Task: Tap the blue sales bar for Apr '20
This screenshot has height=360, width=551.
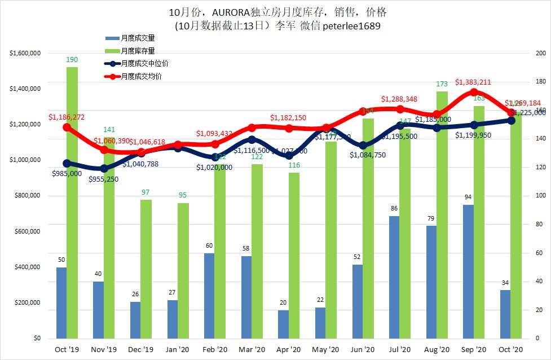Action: pyautogui.click(x=283, y=324)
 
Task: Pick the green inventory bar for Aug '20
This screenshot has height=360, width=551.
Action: pyautogui.click(x=442, y=214)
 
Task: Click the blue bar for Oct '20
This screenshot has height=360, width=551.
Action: pyautogui.click(x=505, y=314)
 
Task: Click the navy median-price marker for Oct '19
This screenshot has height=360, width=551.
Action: pyautogui.click(x=67, y=163)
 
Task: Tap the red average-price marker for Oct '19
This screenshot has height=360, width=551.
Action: pyautogui.click(x=67, y=127)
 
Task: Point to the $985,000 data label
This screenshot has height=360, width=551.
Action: pyautogui.click(x=65, y=174)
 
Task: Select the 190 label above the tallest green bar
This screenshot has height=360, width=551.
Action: pyautogui.click(x=72, y=59)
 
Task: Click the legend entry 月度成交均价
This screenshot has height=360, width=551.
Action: pyautogui.click(x=141, y=76)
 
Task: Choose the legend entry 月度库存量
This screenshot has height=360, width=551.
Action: pyautogui.click(x=138, y=51)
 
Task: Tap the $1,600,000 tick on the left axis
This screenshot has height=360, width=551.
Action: pyautogui.click(x=24, y=54)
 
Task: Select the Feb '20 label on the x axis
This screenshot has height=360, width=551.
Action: pyautogui.click(x=215, y=349)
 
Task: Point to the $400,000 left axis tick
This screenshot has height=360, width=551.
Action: pyautogui.click(x=26, y=267)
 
